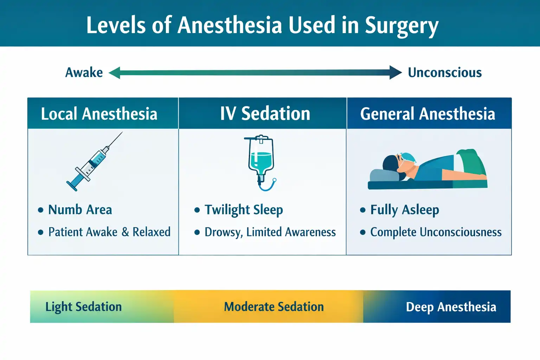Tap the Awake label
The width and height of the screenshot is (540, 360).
coord(84,73)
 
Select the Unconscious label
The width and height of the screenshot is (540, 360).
coord(444,73)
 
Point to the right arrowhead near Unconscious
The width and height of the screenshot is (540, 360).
coord(396,73)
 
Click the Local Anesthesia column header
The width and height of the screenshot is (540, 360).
coord(99,114)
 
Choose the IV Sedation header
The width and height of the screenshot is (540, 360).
coord(265,114)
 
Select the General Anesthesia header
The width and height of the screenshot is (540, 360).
coord(427,114)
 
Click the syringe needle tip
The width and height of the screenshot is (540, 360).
coord(122,133)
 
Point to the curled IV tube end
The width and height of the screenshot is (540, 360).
coord(274,181)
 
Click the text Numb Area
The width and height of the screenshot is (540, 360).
coord(80,210)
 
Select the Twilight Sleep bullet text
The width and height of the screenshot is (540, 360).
coord(243,210)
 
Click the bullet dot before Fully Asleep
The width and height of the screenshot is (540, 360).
coord(363,210)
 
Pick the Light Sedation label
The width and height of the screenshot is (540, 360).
coord(83,307)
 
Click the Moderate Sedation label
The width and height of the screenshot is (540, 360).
coord(274,307)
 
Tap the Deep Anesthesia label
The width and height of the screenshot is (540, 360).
coord(451,307)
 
